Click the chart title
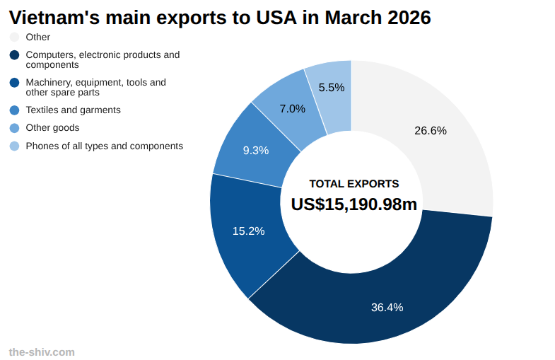(219, 18)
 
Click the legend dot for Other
(14, 37)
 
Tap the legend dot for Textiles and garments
(14, 110)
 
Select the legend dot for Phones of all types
(14, 146)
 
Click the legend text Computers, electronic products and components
(103, 59)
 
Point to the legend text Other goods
(52, 128)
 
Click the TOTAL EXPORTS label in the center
(354, 184)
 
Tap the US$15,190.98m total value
(354, 204)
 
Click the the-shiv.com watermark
(42, 352)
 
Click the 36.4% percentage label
(387, 307)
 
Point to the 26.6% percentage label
(431, 130)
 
